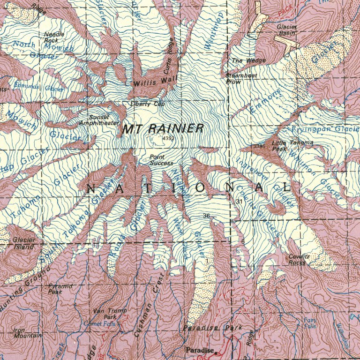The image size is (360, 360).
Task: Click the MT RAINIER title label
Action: [x=163, y=129]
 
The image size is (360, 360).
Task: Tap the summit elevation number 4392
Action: [x=168, y=139]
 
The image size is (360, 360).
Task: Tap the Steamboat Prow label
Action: [x=240, y=78]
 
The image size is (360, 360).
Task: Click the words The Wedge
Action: [x=248, y=60]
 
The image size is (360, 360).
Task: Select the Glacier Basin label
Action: [x=285, y=30]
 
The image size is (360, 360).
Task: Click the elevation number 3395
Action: [x=259, y=147]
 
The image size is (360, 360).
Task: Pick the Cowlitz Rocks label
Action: [x=297, y=260]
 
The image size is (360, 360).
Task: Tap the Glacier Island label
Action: [x=23, y=243]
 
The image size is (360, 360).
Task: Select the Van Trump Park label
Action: [x=106, y=314]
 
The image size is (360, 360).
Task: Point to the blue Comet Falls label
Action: [x=99, y=323]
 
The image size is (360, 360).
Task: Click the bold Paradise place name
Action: [x=199, y=350]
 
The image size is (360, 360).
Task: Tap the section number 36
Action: [x=206, y=216]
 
